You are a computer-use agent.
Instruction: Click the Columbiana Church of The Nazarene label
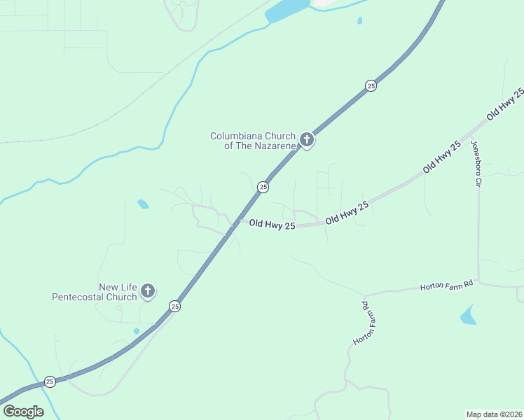(x=254, y=141)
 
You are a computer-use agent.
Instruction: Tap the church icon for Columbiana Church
(x=306, y=140)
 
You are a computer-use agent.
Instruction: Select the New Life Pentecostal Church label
(x=95, y=292)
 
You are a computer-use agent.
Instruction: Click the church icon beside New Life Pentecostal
(x=147, y=291)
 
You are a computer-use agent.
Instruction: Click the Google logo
(x=23, y=412)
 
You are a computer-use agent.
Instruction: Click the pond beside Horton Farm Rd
(x=468, y=316)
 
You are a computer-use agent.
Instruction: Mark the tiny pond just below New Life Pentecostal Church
(x=137, y=330)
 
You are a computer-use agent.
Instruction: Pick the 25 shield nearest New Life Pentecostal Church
(x=174, y=306)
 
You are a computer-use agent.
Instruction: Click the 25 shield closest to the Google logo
(x=50, y=381)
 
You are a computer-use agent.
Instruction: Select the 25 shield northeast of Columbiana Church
(x=371, y=85)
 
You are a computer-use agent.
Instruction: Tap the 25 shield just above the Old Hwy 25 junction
(x=263, y=186)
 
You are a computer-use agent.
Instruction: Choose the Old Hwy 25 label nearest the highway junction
(x=272, y=225)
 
